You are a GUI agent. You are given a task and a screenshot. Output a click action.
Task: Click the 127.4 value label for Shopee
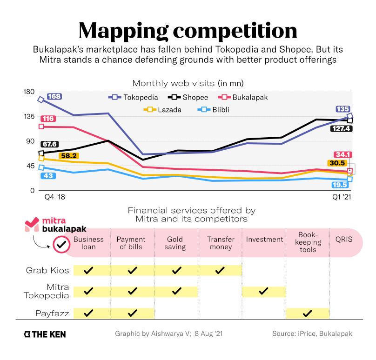(x=341, y=128)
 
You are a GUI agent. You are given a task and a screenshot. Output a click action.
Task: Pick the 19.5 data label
(x=341, y=185)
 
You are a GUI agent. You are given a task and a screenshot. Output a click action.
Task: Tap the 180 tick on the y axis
(x=29, y=92)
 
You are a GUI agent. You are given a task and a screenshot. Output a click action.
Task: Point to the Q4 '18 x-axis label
(x=55, y=197)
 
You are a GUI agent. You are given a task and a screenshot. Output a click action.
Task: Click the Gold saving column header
(x=176, y=243)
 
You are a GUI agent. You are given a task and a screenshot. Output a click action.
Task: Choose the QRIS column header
(x=344, y=240)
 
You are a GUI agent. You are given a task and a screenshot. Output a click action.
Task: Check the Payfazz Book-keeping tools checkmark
(x=307, y=313)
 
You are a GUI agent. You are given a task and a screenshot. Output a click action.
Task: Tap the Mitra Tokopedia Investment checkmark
(x=263, y=291)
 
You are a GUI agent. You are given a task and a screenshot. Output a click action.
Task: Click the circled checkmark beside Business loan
(x=60, y=244)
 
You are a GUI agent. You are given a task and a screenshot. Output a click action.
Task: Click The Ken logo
(x=46, y=334)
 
